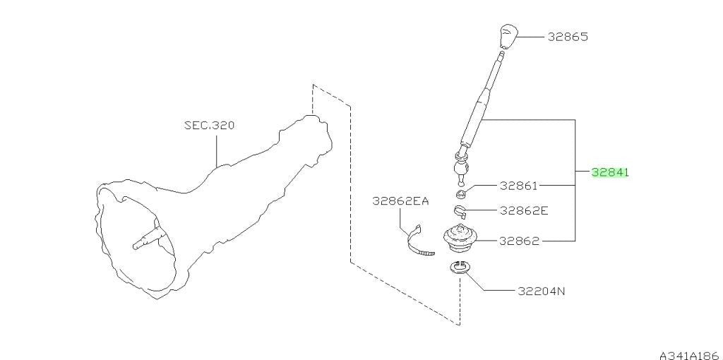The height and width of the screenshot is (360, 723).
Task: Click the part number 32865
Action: click(x=568, y=37)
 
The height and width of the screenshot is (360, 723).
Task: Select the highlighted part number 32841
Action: click(x=610, y=172)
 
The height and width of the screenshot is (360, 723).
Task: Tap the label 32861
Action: click(x=519, y=186)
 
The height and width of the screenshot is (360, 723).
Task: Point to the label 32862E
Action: click(x=525, y=210)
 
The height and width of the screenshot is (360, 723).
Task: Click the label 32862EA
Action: click(x=400, y=201)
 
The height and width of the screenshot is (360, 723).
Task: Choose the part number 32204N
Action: click(x=542, y=292)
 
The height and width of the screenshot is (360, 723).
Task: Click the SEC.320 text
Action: click(x=209, y=125)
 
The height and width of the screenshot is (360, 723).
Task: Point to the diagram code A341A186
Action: click(x=691, y=355)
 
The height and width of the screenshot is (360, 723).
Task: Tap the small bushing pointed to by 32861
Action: click(x=460, y=193)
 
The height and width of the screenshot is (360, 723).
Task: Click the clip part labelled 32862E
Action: click(x=460, y=210)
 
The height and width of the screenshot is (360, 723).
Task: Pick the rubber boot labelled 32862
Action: click(x=459, y=239)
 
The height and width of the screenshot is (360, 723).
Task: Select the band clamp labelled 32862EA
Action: click(x=419, y=242)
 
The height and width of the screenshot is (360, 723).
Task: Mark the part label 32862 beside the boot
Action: click(x=519, y=241)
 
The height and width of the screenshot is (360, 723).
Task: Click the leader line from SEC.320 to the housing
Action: click(x=216, y=149)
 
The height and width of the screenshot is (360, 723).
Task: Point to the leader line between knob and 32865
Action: click(x=531, y=37)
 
